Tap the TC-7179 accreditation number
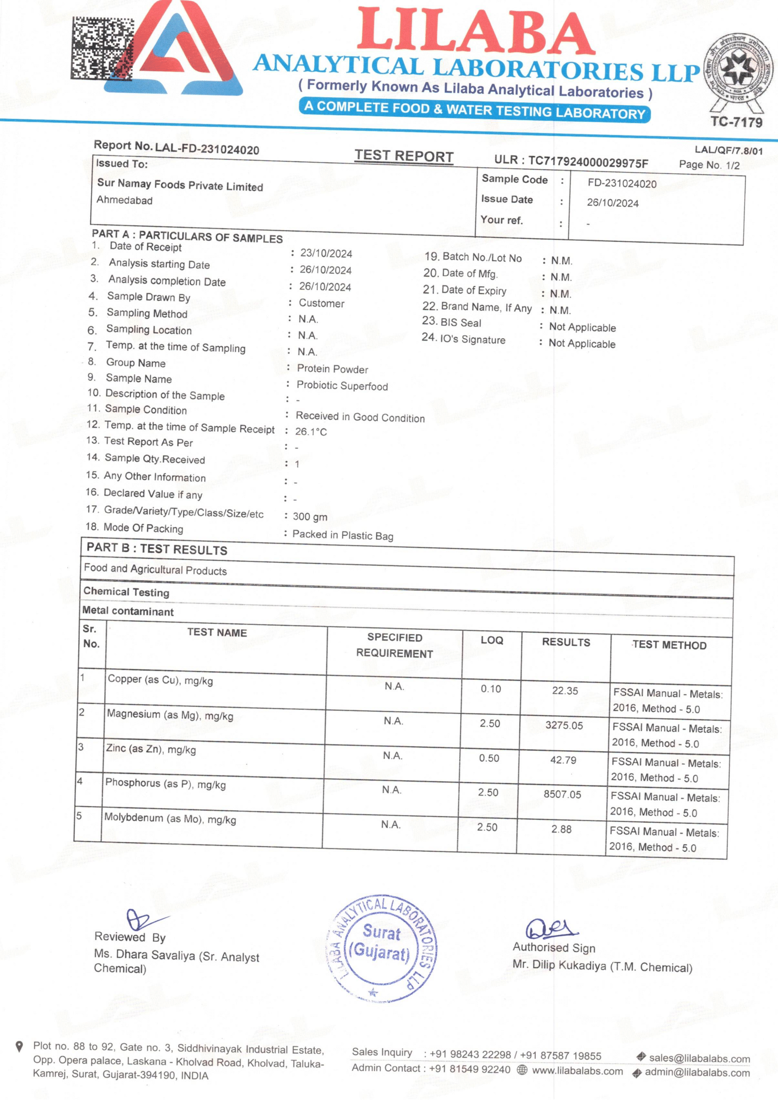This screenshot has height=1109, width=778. (x=736, y=122)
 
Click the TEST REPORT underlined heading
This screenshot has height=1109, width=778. (x=404, y=156)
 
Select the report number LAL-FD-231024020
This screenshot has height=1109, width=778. (x=207, y=149)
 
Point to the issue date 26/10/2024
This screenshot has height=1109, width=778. (x=612, y=203)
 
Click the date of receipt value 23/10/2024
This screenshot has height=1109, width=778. (x=326, y=253)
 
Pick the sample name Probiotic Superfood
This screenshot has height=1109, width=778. (x=342, y=385)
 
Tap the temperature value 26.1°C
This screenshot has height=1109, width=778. (x=311, y=431)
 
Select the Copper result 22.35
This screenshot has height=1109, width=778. (x=565, y=691)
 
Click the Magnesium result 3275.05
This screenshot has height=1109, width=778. (x=564, y=725)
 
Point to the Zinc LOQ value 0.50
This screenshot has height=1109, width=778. (x=489, y=758)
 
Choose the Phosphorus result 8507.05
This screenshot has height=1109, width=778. (x=562, y=794)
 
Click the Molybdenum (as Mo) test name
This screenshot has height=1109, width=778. (x=170, y=818)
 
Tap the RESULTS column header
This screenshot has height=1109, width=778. (x=566, y=642)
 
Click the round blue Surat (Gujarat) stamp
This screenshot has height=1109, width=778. (x=382, y=950)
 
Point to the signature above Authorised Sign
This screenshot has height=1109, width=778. (x=551, y=928)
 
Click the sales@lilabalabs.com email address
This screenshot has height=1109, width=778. (x=699, y=1058)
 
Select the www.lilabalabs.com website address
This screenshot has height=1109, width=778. (x=577, y=1071)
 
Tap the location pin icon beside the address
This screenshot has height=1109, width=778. (x=19, y=1047)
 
